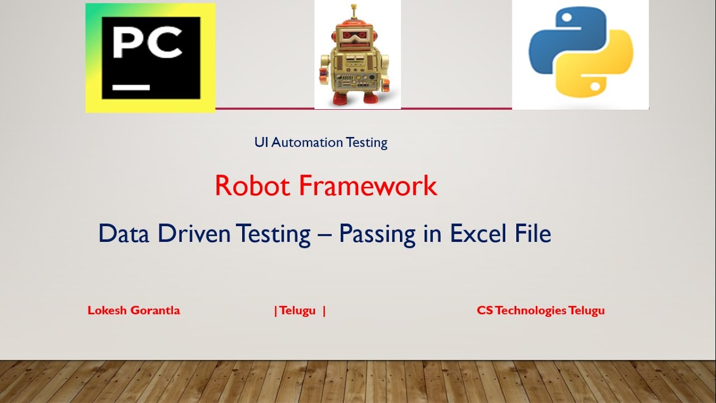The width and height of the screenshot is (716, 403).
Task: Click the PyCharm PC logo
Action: click(x=150, y=58)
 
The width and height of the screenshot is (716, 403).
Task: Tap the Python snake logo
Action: click(x=581, y=54)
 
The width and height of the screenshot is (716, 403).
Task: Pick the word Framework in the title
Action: click(x=368, y=186)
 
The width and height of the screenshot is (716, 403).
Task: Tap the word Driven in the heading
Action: click(x=194, y=233)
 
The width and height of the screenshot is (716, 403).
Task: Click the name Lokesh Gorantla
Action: click(x=134, y=310)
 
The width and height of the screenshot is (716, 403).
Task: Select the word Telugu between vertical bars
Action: click(x=298, y=310)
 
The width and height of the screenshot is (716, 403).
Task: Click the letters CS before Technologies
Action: click(x=485, y=310)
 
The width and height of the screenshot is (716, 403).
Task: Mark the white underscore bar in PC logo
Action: click(x=131, y=87)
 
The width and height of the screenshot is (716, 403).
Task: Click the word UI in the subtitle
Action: click(x=261, y=142)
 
